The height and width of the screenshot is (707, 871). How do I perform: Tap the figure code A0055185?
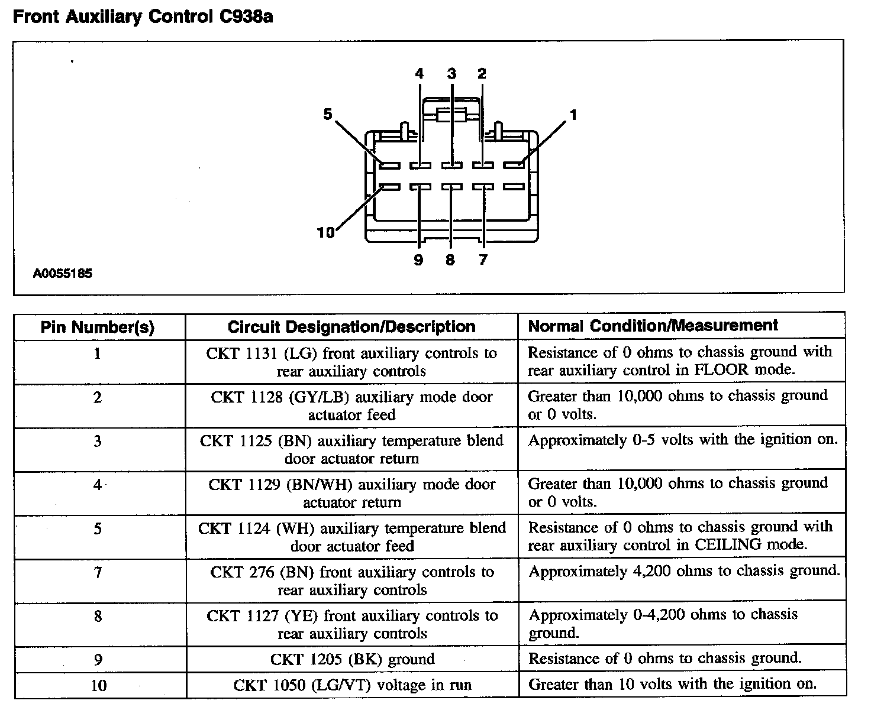coord(63,274)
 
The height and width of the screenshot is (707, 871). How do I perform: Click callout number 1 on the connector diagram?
coord(572,115)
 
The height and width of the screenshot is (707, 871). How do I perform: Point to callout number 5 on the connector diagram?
coord(328,114)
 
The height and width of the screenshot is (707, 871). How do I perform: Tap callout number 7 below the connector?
coord(483,260)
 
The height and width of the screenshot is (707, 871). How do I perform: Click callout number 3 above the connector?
coord(451,74)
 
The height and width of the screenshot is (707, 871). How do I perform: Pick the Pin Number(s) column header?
coord(98,327)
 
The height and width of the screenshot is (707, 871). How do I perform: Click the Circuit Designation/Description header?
coord(351,327)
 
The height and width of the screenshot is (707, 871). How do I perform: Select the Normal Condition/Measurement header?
coord(653,326)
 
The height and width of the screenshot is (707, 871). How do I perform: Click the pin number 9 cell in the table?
coord(98,660)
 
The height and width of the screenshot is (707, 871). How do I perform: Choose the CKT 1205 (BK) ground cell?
coord(352,659)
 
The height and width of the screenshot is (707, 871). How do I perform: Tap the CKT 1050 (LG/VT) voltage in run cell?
coord(352,685)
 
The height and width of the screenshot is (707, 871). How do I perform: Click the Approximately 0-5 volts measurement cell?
coord(683,440)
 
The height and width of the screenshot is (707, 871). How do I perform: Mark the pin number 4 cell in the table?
coord(98,485)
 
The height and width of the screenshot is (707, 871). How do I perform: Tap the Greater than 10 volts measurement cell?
coord(672,685)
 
